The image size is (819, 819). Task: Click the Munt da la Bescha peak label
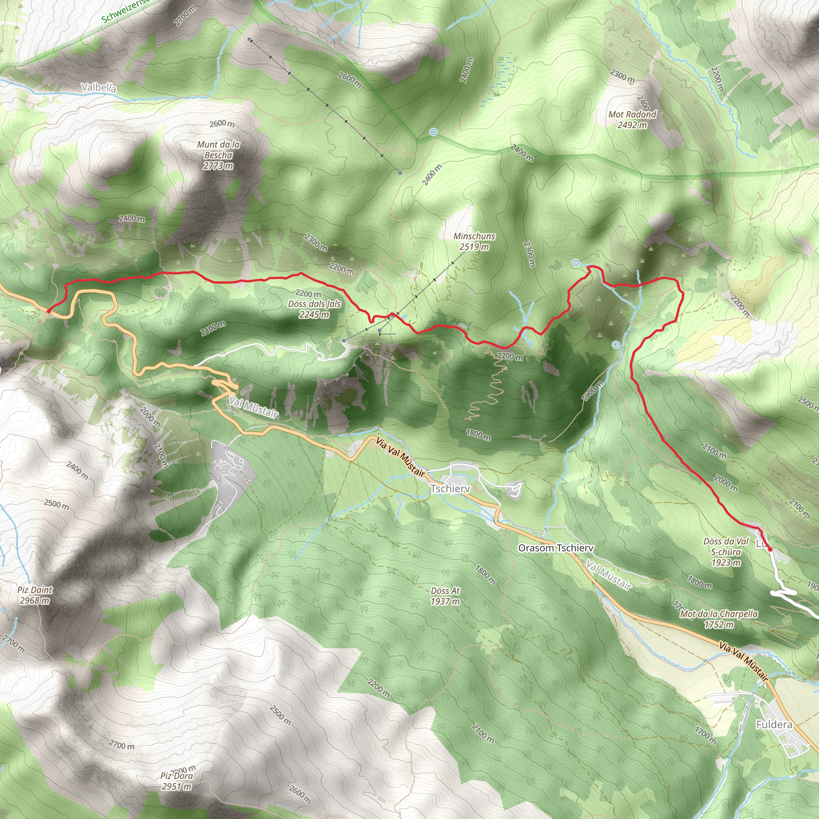[218, 155]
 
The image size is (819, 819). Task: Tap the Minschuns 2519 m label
[474, 241]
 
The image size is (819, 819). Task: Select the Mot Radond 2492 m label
[632, 120]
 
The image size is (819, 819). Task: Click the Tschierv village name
[450, 489]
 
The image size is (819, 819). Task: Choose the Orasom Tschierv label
[556, 548]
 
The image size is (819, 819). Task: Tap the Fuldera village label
[774, 725]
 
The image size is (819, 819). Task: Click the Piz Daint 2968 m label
[35, 595]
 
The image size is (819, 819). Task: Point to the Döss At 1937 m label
[445, 595]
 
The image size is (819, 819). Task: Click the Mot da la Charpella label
[719, 619]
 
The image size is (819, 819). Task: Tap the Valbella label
[98, 88]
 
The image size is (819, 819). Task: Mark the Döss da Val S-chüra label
[726, 552]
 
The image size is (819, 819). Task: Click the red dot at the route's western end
[49, 311]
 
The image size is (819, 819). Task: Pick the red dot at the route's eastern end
[770, 549]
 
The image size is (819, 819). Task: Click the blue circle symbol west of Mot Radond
[433, 132]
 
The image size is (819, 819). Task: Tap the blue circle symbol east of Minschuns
[575, 263]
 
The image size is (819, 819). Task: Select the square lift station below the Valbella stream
[250, 40]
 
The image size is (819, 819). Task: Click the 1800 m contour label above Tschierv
[478, 435]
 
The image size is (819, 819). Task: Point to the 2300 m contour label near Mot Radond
[622, 76]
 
